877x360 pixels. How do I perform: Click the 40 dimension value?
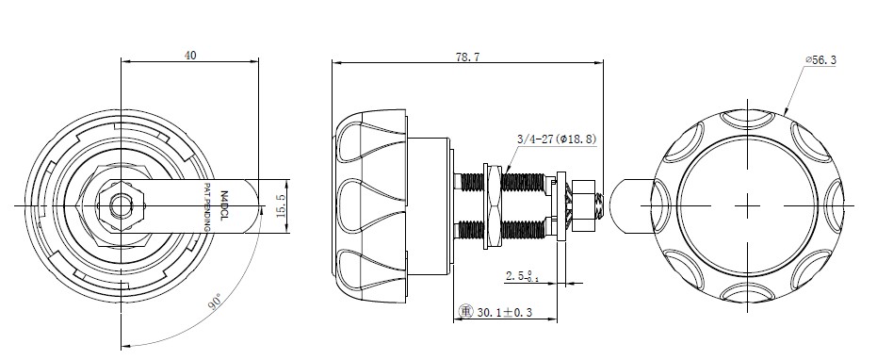pos(190,55)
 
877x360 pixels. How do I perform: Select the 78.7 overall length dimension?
pos(467,57)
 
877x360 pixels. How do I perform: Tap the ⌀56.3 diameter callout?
pos(820,60)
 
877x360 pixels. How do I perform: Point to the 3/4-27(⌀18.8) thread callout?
pos(557,139)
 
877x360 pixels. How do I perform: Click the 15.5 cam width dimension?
pos(282,205)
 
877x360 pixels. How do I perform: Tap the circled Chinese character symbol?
pos(465,311)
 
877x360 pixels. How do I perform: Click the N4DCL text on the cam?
pos(224,205)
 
